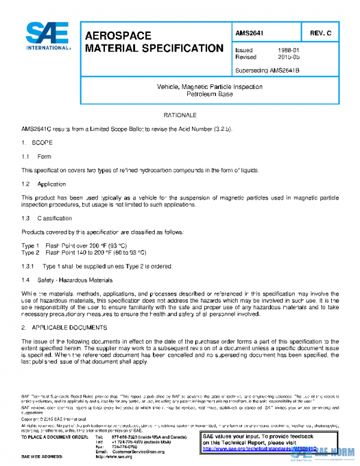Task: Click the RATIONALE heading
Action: pos(181,114)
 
